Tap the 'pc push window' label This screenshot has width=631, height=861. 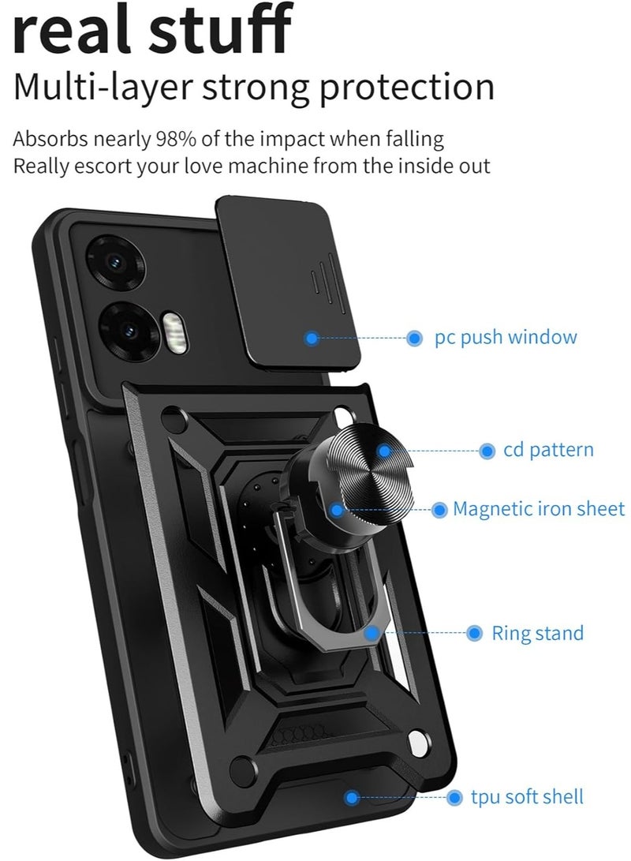(506, 338)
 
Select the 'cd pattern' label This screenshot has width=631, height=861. (548, 451)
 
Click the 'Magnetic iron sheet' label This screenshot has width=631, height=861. (539, 509)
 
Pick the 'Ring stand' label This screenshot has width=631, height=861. (538, 633)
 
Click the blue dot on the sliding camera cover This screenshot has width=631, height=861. (312, 339)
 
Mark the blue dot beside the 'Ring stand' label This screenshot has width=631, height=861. (475, 633)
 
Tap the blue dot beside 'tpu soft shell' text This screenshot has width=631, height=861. (454, 798)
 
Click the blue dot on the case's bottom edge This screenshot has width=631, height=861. (352, 798)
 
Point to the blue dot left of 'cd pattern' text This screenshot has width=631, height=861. (487, 451)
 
